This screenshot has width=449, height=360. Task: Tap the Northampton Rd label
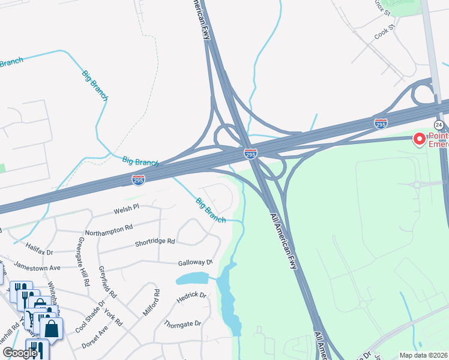(x=109, y=229)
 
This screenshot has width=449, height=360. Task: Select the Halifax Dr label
(x=40, y=248)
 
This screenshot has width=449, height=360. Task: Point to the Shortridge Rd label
(x=154, y=241)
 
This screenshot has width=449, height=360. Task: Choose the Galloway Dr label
(x=195, y=263)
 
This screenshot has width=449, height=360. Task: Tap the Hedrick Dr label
(x=191, y=296)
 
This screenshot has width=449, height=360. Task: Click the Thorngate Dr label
(x=182, y=323)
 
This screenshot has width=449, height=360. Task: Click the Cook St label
(x=384, y=28)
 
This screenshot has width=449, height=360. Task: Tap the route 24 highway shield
(x=439, y=125)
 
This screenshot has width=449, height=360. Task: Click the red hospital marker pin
(x=419, y=139)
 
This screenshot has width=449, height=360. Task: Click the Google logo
(x=20, y=352)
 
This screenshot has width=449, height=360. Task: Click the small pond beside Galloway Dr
(x=191, y=278)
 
